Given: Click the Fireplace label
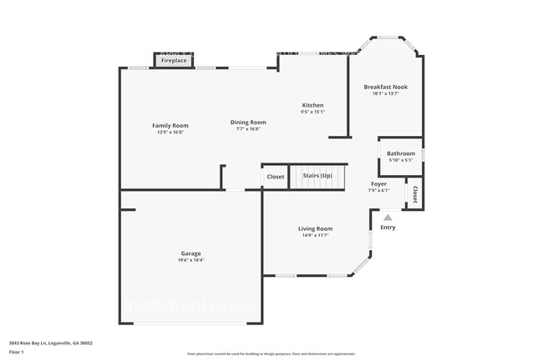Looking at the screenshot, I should pyautogui.click(x=174, y=61).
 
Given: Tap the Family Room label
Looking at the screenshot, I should pyautogui.click(x=170, y=125).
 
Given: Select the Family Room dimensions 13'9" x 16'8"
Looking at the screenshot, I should pyautogui.click(x=170, y=132).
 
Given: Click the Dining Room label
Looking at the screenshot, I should pyautogui.click(x=248, y=123).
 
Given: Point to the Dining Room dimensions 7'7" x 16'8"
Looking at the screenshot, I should pyautogui.click(x=248, y=129).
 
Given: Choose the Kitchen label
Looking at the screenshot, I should pyautogui.click(x=312, y=105).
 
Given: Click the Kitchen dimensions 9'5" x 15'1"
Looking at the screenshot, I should pyautogui.click(x=312, y=112).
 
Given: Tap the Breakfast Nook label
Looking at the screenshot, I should pyautogui.click(x=386, y=87).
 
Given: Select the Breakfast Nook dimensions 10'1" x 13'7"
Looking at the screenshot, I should pyautogui.click(x=386, y=93).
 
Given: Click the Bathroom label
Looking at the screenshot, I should pyautogui.click(x=400, y=153).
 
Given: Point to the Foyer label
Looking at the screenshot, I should pyautogui.click(x=378, y=183).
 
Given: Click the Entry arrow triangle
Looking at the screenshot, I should pyautogui.click(x=388, y=217).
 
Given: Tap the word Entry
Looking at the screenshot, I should pyautogui.click(x=388, y=228).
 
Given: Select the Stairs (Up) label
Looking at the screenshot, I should pyautogui.click(x=317, y=177).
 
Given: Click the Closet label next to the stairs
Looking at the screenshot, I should pyautogui.click(x=276, y=177).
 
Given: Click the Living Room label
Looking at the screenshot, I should pyautogui.click(x=316, y=228).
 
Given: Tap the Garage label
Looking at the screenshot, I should pyautogui.click(x=190, y=253).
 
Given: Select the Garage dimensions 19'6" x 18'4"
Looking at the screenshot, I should pyautogui.click(x=190, y=260).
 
